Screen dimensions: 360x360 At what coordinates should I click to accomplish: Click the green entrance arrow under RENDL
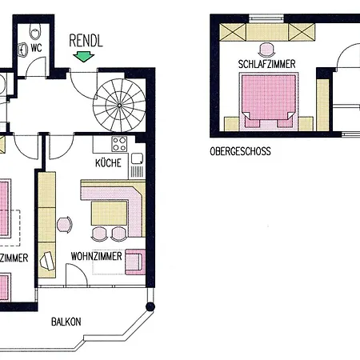click(x=81, y=55)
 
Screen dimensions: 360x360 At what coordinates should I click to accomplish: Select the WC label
click(x=35, y=47)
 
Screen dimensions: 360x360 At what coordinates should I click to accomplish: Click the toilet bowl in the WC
click(x=34, y=32)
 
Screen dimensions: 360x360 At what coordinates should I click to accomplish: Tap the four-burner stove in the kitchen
click(x=120, y=145)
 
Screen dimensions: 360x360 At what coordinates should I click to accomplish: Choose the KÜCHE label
click(x=108, y=162)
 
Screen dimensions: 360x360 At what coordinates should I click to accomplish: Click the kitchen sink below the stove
click(x=137, y=166)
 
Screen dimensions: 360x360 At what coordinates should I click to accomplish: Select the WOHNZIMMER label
click(x=96, y=257)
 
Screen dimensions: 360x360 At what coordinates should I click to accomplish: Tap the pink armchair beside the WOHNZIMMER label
click(x=134, y=261)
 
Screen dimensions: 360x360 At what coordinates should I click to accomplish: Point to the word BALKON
click(x=66, y=322)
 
